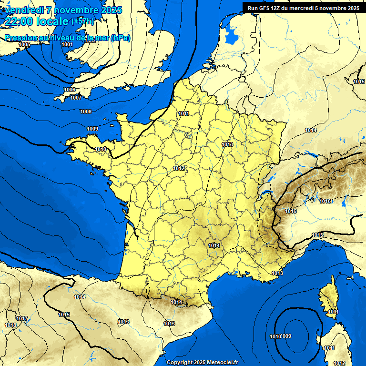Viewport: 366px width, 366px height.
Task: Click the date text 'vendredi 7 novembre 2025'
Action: pyautogui.click(x=63, y=10)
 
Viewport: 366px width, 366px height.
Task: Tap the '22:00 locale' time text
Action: pyautogui.click(x=35, y=21)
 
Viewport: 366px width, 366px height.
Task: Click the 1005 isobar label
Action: pyautogui.click(x=24, y=44)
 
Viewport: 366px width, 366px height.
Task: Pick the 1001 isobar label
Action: pyautogui.click(x=67, y=44)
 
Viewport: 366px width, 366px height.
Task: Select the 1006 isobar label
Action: pyautogui.click(x=70, y=90)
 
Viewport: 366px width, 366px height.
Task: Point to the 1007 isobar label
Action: pyautogui.click(x=76, y=98)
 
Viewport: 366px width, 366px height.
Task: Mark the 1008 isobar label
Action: pyautogui.click(x=86, y=112)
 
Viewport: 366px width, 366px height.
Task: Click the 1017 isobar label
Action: pyautogui.click(x=21, y=318)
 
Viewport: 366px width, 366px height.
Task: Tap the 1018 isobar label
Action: pyautogui.click(x=10, y=325)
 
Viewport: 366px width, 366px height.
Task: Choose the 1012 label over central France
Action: pyautogui.click(x=179, y=168)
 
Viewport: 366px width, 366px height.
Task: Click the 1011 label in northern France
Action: pyautogui.click(x=183, y=113)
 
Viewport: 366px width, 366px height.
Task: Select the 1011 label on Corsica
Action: pyautogui.click(x=333, y=312)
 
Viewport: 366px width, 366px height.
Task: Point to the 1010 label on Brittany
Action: pyautogui.click(x=101, y=149)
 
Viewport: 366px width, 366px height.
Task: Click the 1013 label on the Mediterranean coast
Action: pyautogui.click(x=277, y=273)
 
